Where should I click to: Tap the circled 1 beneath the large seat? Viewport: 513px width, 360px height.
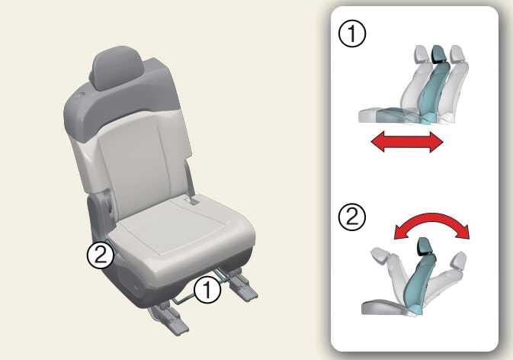click(x=207, y=290)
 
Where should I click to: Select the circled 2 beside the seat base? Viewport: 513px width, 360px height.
click(x=101, y=255)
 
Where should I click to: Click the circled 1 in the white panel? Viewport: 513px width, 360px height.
click(x=352, y=34)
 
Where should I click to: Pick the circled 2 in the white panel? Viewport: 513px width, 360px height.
click(x=352, y=217)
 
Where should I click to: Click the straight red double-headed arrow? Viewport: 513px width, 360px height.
click(x=407, y=142)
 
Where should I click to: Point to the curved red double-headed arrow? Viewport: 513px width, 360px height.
click(x=432, y=220)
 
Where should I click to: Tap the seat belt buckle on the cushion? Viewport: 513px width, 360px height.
click(x=192, y=201)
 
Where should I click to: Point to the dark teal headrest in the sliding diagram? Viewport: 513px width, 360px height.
click(x=438, y=53)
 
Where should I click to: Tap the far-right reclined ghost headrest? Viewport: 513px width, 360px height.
click(x=459, y=260)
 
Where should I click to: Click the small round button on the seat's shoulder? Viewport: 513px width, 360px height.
click(x=81, y=95)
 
